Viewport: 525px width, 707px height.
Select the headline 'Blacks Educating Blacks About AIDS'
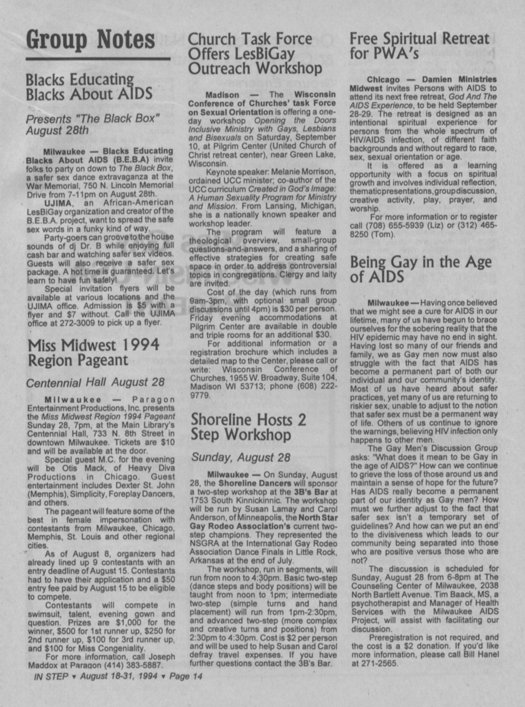point(89,87)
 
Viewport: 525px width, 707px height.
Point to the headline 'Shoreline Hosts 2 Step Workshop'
point(248,427)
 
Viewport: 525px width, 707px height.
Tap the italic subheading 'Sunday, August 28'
point(241,458)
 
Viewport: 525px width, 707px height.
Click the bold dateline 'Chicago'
point(383,80)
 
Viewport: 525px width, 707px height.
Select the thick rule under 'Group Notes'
point(98,58)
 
